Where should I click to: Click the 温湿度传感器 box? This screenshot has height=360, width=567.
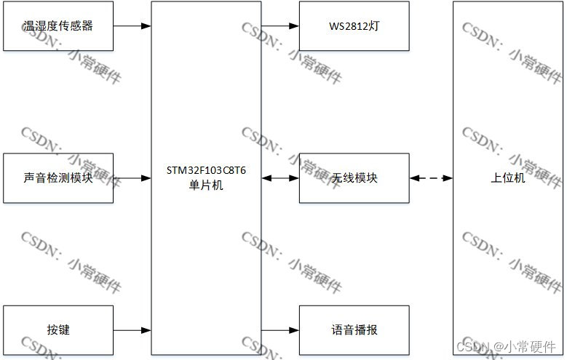tap(58, 26)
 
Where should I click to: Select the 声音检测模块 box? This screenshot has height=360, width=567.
tap(58, 177)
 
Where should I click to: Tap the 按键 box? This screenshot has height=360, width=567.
tap(58, 330)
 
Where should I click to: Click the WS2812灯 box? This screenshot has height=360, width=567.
tap(354, 26)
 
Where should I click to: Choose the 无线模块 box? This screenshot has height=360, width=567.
tap(354, 177)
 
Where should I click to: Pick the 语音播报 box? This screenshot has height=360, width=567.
tap(354, 330)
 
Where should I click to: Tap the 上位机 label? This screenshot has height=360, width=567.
tap(507, 177)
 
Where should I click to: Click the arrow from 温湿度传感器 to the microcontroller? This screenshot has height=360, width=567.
tap(132, 26)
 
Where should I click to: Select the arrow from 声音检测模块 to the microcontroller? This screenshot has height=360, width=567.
tap(132, 177)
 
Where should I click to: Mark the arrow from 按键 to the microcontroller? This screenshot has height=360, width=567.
tap(132, 330)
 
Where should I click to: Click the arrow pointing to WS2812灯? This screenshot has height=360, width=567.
tap(280, 26)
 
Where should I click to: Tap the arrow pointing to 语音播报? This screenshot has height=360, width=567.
tap(280, 330)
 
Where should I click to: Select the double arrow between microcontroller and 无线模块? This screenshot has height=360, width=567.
tap(280, 177)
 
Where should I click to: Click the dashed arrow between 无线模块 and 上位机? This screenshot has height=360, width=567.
tap(431, 177)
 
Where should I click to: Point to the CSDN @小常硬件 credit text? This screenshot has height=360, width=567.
tap(507, 347)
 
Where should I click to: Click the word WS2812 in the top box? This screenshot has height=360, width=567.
tap(346, 26)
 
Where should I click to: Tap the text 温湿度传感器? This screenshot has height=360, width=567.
tap(58, 26)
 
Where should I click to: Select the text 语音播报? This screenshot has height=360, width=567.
tap(354, 330)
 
